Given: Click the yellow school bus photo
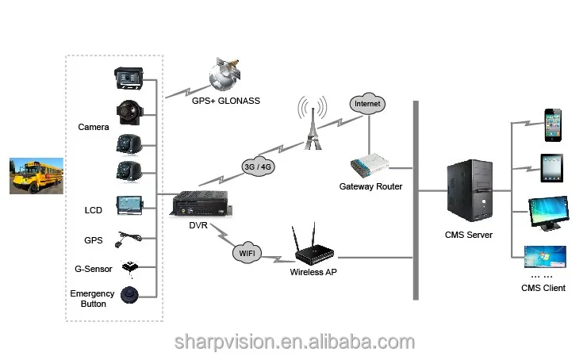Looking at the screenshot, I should (x=33, y=175).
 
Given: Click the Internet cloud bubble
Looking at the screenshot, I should (x=367, y=104).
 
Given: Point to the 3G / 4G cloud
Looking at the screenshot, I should (x=259, y=167).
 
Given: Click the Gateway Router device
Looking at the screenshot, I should (x=370, y=166).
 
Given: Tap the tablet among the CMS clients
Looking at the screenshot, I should (x=552, y=167).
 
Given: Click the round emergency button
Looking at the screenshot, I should (x=130, y=296).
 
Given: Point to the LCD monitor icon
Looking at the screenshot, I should (x=129, y=205).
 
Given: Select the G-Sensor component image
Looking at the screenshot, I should (x=129, y=266).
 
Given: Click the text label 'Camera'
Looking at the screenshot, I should (x=94, y=127).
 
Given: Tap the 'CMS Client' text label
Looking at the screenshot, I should (x=543, y=288).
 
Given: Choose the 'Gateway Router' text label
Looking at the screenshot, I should (x=370, y=186).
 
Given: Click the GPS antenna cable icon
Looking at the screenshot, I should (x=129, y=236).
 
